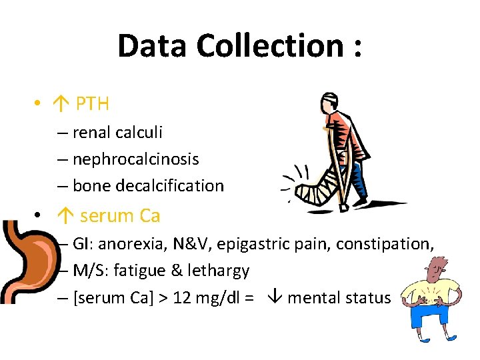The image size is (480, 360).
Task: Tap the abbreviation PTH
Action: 93,104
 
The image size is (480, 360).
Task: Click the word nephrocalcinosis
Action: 135,159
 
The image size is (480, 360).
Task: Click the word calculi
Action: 139,133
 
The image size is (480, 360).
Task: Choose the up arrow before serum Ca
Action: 65,216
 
